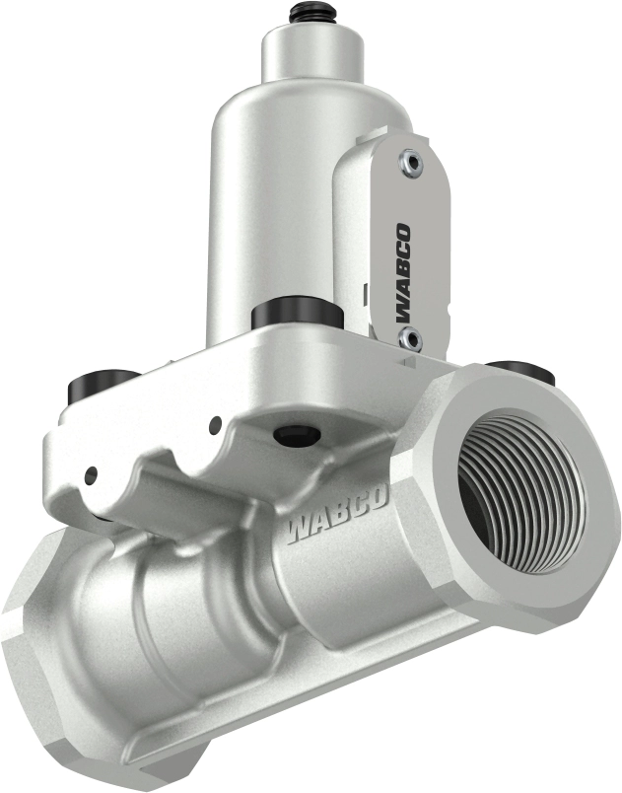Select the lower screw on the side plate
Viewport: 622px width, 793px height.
click(x=411, y=340)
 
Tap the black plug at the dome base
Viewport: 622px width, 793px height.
click(x=297, y=316)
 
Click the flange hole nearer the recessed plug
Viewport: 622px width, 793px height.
click(x=215, y=426)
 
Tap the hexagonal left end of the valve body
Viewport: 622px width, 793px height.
click(x=39, y=671)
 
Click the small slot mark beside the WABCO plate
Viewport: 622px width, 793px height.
click(x=366, y=293)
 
